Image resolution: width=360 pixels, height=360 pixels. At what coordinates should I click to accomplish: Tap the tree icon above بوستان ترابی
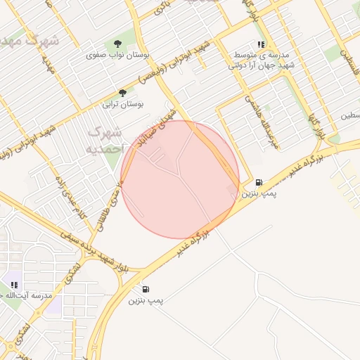point(122,93)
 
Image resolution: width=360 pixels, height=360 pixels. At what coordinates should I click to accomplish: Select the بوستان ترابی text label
point(123,104)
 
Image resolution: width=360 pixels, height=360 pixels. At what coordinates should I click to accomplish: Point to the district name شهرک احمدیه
point(105,141)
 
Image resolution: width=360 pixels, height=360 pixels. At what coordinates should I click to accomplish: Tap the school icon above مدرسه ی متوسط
point(261,44)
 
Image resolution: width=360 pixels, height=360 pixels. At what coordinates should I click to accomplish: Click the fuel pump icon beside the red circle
point(259,181)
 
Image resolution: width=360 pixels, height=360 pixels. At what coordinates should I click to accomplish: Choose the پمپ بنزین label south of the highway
point(146,300)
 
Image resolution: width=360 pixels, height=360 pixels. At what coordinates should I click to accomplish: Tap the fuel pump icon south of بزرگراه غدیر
point(146,289)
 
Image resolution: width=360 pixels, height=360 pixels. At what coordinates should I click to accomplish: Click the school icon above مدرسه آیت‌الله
point(13,285)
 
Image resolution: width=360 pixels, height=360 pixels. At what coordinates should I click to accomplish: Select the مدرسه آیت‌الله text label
point(28,296)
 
